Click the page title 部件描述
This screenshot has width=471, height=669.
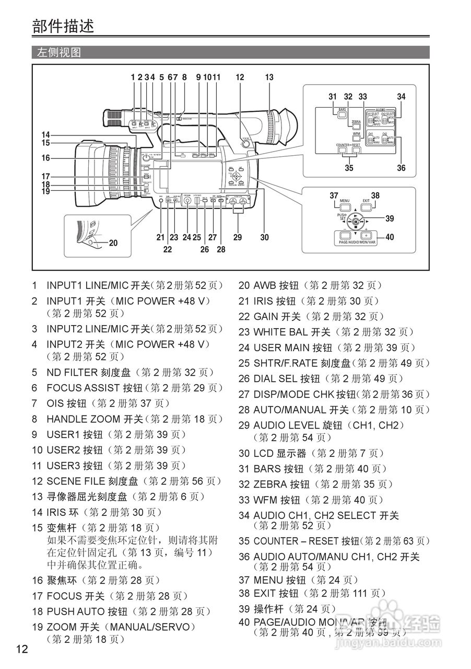[x=63, y=25]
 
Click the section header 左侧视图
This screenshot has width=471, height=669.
[x=58, y=52]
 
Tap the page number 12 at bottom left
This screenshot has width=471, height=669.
[x=22, y=650]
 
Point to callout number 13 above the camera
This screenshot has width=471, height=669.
[x=269, y=77]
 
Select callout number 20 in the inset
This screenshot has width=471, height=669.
[x=113, y=243]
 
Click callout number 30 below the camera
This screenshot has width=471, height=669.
[x=265, y=237]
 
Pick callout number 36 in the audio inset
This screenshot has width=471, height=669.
[x=401, y=168]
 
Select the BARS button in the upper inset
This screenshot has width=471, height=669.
[x=343, y=113]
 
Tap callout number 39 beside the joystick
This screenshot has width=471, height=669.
[x=390, y=219]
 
